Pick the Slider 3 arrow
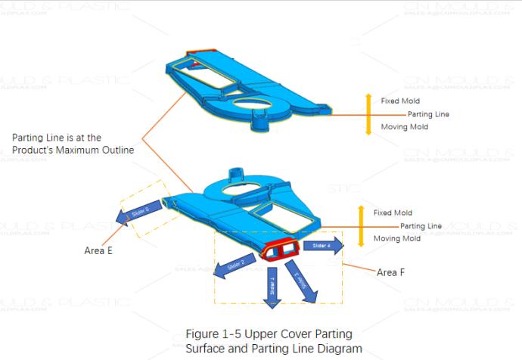pyautogui.click(x=297, y=281)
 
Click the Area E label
pyautogui.click(x=98, y=250)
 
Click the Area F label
pyautogui.click(x=391, y=272)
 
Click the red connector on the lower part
pyautogui.click(x=281, y=249)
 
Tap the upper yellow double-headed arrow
pyautogui.click(x=368, y=114)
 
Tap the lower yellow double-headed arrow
pyautogui.click(x=362, y=226)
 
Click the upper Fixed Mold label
pyautogui.click(x=400, y=101)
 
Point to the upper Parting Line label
pyautogui.click(x=428, y=114)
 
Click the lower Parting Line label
pyautogui.click(x=421, y=226)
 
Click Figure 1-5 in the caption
pyautogui.click(x=213, y=334)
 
